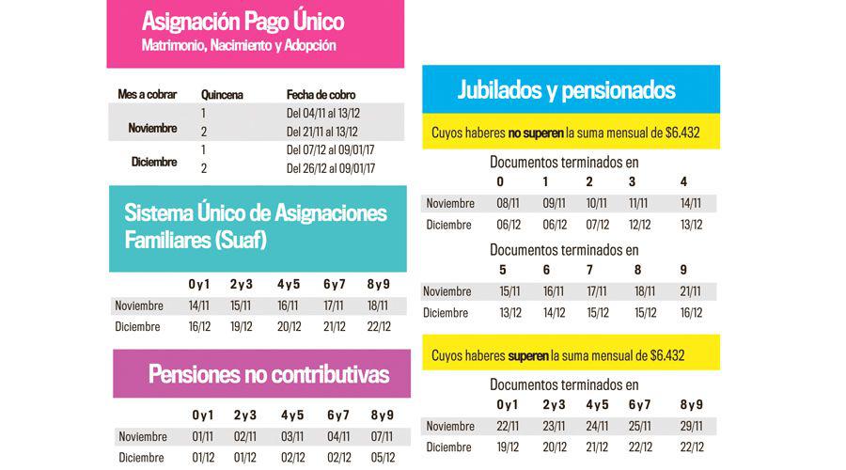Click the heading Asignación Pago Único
coord(243,21)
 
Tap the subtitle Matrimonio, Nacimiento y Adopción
coord(239,45)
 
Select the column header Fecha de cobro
coord(321,94)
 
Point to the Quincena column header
coord(223,94)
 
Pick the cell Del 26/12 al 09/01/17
coord(331,168)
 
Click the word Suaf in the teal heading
coord(242,240)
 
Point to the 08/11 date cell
coord(509,203)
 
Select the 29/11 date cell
coord(692,426)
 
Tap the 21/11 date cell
coord(691,291)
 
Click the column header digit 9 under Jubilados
coord(683,270)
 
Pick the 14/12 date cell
coord(554,313)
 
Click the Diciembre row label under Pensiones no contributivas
coord(142,458)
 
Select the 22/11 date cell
coord(509,426)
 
